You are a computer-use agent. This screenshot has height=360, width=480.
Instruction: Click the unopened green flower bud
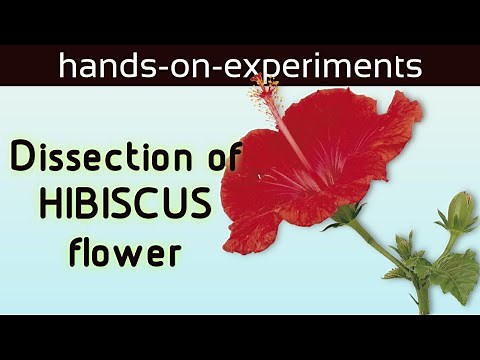(459, 210)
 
